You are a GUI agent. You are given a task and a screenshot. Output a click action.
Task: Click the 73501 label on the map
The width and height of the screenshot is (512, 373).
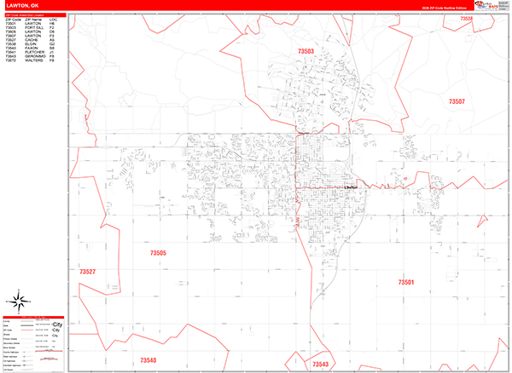pos(405,281)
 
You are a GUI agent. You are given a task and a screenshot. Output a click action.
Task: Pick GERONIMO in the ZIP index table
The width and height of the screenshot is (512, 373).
pos(34,57)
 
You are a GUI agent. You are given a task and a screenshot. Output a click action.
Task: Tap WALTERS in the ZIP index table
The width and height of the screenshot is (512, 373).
pos(32,61)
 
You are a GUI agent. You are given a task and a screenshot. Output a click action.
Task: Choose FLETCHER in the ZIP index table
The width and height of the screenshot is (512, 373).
pos(33,53)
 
